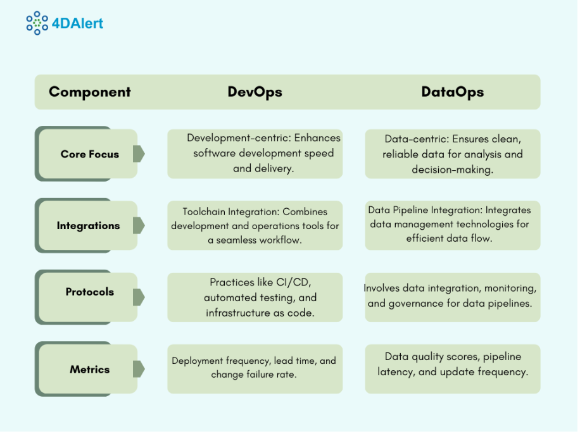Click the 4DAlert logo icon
[x=37, y=23]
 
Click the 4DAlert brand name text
[x=82, y=23]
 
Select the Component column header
[x=90, y=92]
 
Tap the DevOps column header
[x=255, y=92]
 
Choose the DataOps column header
[x=453, y=92]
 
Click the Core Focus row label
[x=90, y=154]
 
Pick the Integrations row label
[x=88, y=225]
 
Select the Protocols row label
[x=90, y=292]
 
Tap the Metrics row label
[x=90, y=369]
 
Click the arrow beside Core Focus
[x=139, y=154]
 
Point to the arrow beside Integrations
[x=139, y=225]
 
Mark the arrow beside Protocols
[x=139, y=297]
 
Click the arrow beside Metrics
[x=139, y=369]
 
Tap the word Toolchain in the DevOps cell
[x=205, y=211]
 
